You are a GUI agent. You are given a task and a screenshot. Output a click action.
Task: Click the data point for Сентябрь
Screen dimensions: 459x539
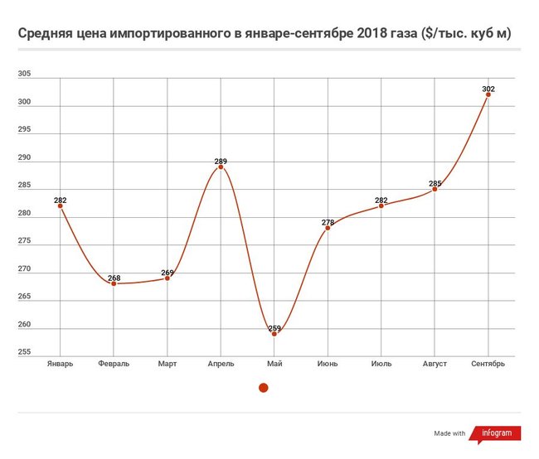[x=488, y=94]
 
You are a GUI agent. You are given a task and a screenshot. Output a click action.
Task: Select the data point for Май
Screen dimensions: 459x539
[x=274, y=334]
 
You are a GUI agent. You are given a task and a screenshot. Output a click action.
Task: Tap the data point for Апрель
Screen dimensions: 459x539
[x=221, y=167]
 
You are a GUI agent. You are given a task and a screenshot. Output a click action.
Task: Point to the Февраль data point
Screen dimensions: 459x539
[x=114, y=283]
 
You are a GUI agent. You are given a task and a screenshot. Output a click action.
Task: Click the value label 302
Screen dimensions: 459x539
[x=488, y=88]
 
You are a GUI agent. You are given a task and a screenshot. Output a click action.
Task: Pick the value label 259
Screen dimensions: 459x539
[x=274, y=328]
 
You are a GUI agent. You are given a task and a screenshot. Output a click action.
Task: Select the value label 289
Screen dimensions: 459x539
[x=220, y=161]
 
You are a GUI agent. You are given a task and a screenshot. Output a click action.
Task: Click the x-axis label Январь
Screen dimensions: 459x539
[x=60, y=363]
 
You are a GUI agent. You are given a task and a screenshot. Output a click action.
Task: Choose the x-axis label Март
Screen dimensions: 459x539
[x=168, y=363]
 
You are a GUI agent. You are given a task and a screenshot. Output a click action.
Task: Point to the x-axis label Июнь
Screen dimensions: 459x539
[x=328, y=363]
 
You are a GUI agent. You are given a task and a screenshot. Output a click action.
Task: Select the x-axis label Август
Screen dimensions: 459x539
[x=435, y=363]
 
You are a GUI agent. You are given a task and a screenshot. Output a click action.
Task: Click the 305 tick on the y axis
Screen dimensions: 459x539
[x=24, y=75]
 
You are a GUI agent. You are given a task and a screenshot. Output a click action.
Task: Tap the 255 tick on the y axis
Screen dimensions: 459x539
[x=24, y=353]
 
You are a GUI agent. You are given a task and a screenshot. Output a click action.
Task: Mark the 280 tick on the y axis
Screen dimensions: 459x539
[x=24, y=214]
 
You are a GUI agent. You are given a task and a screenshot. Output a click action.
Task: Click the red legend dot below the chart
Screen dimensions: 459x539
[x=264, y=387]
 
